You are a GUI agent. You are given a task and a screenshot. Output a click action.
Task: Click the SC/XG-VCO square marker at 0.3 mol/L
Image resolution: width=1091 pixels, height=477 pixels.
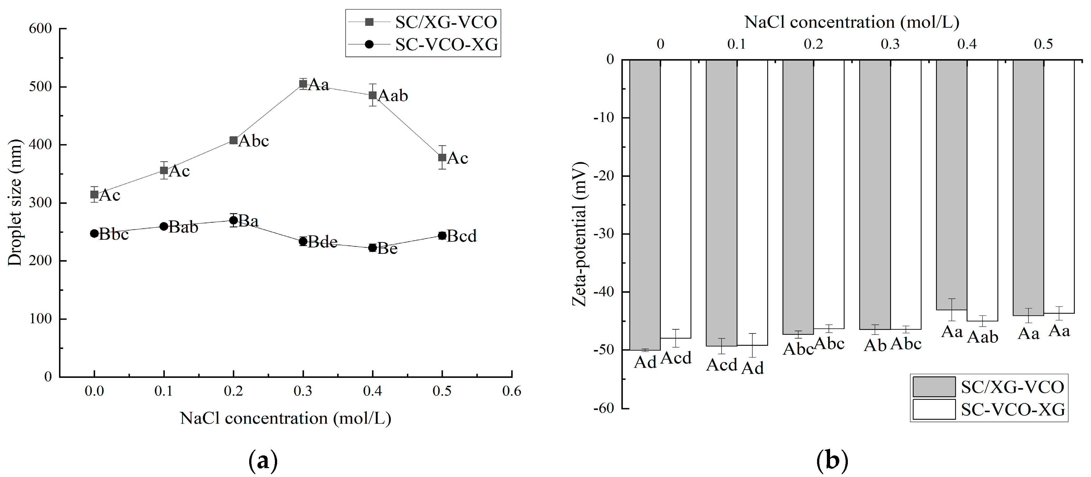click(303, 84)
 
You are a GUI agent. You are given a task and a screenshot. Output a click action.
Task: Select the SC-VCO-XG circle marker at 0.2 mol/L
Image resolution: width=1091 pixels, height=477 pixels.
click(233, 220)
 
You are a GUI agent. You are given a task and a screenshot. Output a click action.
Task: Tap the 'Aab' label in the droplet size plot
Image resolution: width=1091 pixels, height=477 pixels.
click(393, 96)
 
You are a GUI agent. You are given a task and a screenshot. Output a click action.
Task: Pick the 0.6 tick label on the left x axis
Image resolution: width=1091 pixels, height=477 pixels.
click(512, 391)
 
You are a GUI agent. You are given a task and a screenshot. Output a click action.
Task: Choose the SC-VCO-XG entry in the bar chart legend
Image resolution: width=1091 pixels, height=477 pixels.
click(1013, 410)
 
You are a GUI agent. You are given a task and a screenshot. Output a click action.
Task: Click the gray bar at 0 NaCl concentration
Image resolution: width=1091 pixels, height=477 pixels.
click(645, 203)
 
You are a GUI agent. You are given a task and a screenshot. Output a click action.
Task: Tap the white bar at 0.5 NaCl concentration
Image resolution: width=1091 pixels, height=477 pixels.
click(1059, 186)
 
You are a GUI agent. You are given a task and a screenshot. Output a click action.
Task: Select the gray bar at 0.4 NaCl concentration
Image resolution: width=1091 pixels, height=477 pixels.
click(952, 184)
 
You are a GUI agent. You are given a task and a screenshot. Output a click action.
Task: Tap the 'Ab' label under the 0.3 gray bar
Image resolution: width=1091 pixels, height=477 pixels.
click(875, 346)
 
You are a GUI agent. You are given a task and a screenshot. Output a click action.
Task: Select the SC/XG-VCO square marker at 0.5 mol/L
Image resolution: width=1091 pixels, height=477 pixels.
click(442, 158)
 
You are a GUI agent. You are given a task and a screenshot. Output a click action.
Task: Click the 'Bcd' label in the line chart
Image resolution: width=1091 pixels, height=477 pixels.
click(462, 236)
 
